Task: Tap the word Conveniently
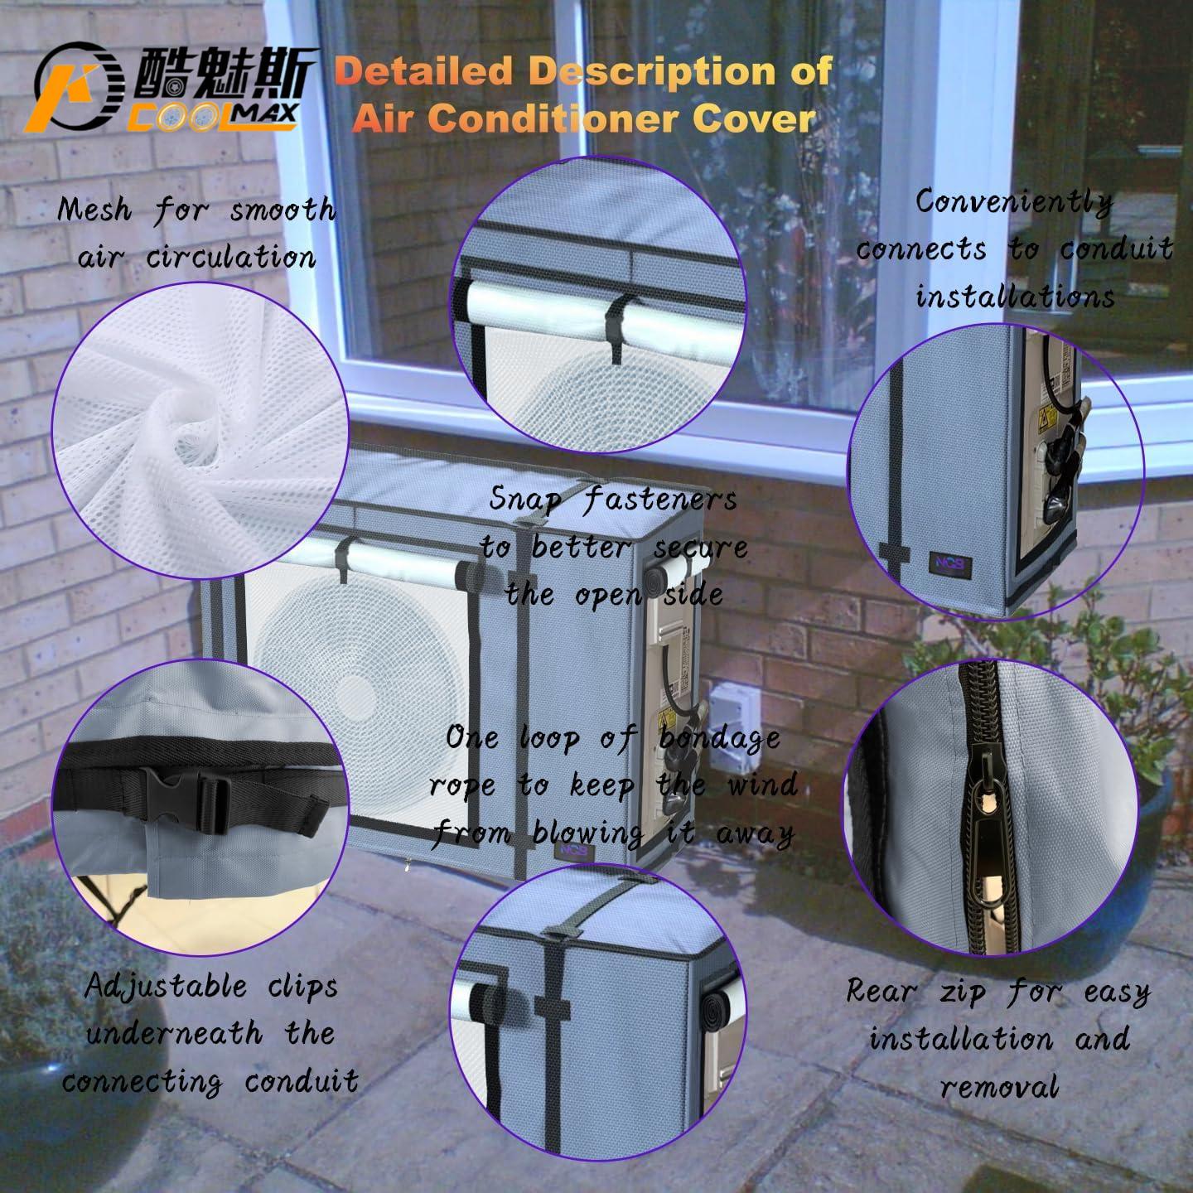pos(1014,203)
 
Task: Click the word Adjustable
pos(166,986)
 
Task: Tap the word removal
pos(1000,1086)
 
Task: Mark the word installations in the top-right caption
pos(1016,296)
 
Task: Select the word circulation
pos(231,257)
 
